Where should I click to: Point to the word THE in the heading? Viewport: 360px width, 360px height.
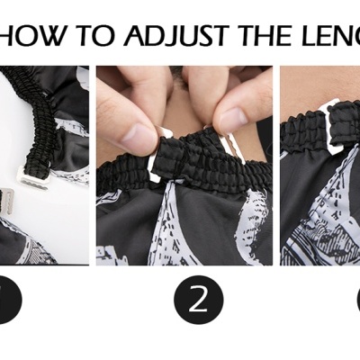point(262,36)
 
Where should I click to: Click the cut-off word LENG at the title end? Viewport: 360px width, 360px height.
point(328,36)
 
